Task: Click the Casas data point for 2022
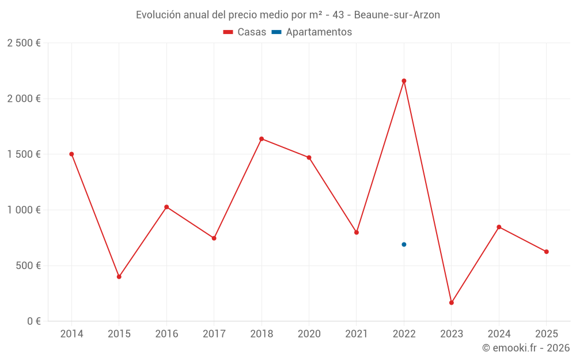coord(404,81)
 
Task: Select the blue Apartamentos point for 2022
coord(404,244)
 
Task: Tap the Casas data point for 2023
coord(452,302)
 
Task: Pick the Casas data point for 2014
coord(71,154)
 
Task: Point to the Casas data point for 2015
coord(119,276)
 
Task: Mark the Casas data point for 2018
coord(262,139)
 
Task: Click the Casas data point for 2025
coord(547,252)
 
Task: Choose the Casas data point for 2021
coord(357,232)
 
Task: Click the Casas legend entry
coord(245,32)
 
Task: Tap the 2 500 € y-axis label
coord(24,43)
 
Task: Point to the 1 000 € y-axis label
coord(24,210)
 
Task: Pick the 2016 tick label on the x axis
coord(166,334)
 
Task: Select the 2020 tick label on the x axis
coord(309,334)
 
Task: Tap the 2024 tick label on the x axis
coord(499,334)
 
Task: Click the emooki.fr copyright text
coord(526,348)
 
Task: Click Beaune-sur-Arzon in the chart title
coord(397,15)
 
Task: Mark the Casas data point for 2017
coord(214,238)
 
